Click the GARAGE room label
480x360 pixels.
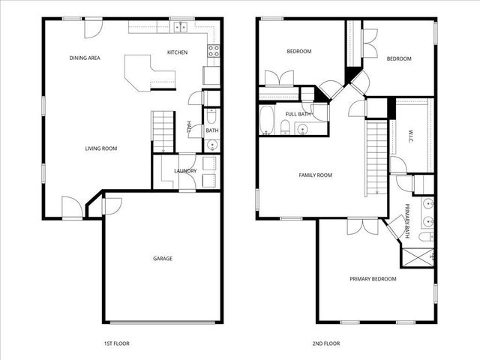click(163, 258)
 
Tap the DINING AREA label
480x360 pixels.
click(85, 58)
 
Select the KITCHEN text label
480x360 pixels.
click(177, 52)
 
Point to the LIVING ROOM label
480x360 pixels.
click(100, 148)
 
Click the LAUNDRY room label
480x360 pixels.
click(185, 171)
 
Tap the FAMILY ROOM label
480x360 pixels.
click(315, 175)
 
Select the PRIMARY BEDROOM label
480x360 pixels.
click(373, 279)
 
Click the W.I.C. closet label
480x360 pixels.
click(412, 136)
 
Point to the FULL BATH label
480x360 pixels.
click(298, 114)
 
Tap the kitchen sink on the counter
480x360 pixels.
click(181, 28)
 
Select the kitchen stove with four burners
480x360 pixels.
click(213, 52)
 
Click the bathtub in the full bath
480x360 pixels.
click(266, 119)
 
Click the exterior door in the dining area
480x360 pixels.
click(91, 28)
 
